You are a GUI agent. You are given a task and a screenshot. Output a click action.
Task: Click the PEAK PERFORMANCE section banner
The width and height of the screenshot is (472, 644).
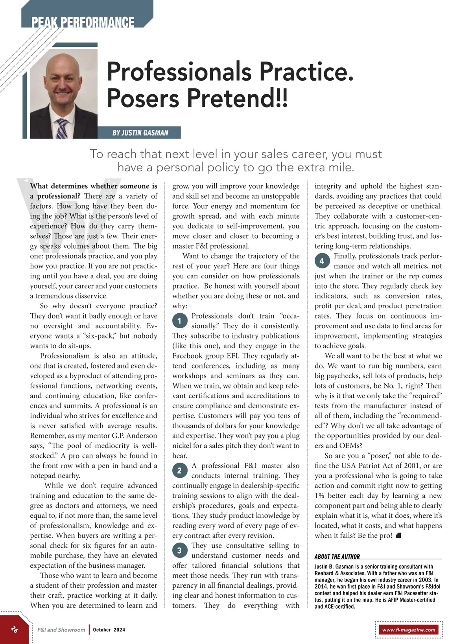(83, 22)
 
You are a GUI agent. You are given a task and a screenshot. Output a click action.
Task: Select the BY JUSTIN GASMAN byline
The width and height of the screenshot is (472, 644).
(140, 133)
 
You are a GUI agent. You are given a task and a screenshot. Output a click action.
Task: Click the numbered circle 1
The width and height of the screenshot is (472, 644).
(179, 321)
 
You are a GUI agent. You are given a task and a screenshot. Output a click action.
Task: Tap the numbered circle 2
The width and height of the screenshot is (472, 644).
(179, 471)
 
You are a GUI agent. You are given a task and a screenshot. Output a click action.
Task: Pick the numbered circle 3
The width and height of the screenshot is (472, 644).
(179, 550)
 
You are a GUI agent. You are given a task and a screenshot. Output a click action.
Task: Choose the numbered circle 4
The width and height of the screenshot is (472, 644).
(322, 261)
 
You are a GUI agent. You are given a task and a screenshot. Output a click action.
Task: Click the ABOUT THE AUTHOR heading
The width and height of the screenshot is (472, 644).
(337, 556)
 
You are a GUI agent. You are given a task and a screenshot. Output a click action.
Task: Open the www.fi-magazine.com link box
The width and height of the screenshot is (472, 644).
(409, 629)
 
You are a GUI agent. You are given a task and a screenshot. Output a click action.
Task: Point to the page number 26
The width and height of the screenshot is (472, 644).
(15, 629)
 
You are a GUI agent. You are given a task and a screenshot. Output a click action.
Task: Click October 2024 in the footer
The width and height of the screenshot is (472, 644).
(109, 629)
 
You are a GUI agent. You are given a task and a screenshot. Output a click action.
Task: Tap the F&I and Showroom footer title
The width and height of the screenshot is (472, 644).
(61, 629)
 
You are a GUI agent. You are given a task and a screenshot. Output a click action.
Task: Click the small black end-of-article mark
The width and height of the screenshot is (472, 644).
(398, 535)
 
